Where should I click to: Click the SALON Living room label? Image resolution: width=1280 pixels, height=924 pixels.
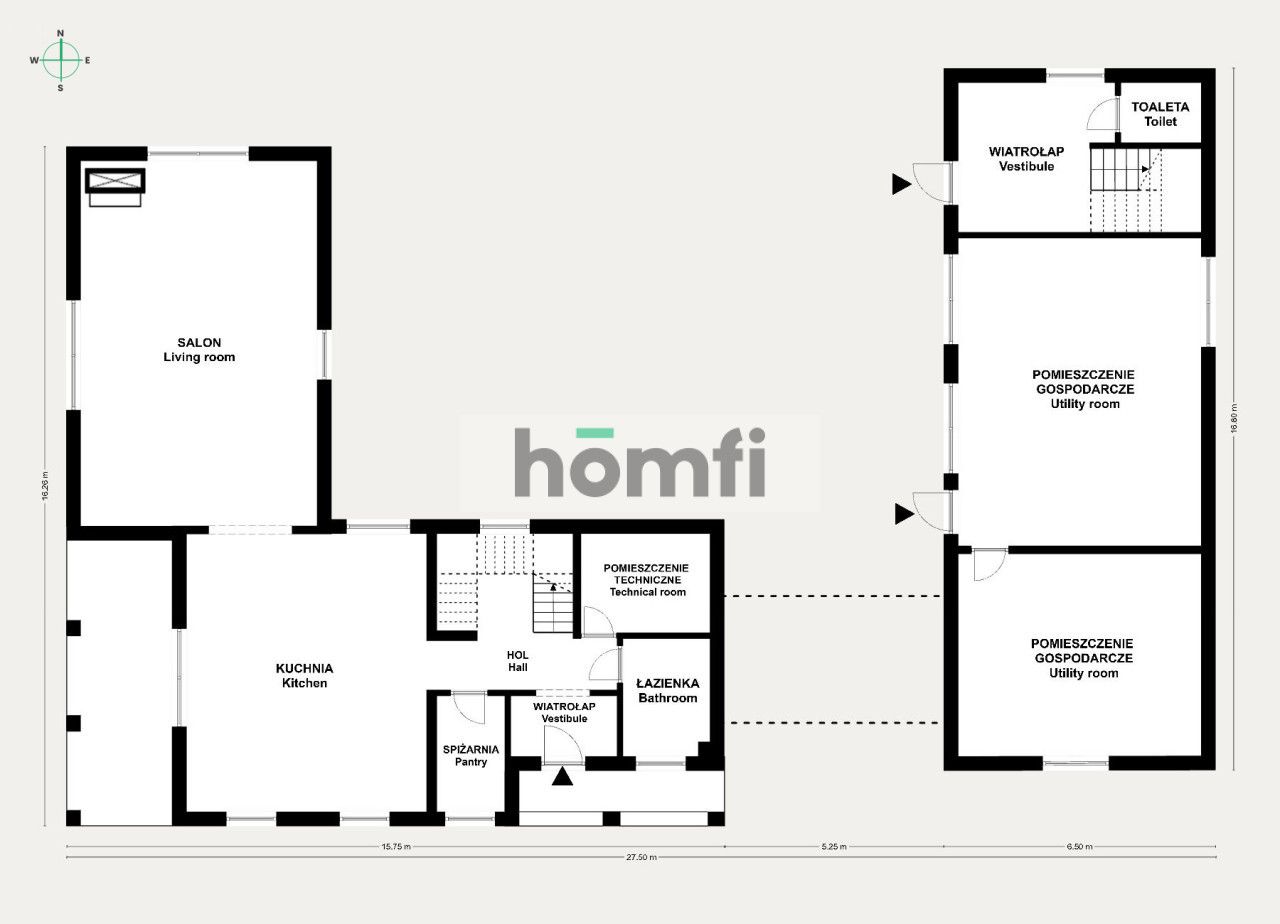[x=199, y=350]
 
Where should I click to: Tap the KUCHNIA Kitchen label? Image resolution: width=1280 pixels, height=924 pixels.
[x=304, y=675]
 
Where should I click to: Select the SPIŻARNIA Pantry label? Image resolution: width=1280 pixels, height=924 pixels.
[x=471, y=755]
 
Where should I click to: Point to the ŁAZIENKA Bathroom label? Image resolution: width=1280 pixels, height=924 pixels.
[x=667, y=690]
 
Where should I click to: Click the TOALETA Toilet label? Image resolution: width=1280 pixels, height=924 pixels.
[x=1160, y=114]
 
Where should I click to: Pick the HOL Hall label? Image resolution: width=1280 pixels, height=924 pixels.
[x=518, y=661]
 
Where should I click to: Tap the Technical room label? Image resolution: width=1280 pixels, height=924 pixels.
[x=647, y=592]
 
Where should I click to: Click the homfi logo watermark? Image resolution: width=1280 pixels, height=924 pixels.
[x=639, y=462]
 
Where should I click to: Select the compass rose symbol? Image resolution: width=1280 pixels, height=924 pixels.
[x=61, y=60]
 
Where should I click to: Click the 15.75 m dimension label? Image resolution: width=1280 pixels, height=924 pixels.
[x=396, y=846]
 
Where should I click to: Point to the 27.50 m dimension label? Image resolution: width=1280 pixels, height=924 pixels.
[x=641, y=857]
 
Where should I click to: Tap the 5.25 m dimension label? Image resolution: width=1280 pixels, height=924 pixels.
[x=834, y=846]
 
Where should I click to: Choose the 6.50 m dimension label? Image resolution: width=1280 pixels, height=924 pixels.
[x=1079, y=846]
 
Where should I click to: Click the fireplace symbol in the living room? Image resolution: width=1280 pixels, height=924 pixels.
[x=115, y=187]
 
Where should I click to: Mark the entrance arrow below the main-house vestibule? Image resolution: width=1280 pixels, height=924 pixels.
[x=562, y=777]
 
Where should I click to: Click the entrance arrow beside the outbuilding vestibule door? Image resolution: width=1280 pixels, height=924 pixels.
[x=901, y=184]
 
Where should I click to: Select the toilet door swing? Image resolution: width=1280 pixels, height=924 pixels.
[x=1102, y=114]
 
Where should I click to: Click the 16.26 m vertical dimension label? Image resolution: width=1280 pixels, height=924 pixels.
[x=45, y=486]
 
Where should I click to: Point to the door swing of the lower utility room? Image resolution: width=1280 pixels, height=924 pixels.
[x=990, y=565]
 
